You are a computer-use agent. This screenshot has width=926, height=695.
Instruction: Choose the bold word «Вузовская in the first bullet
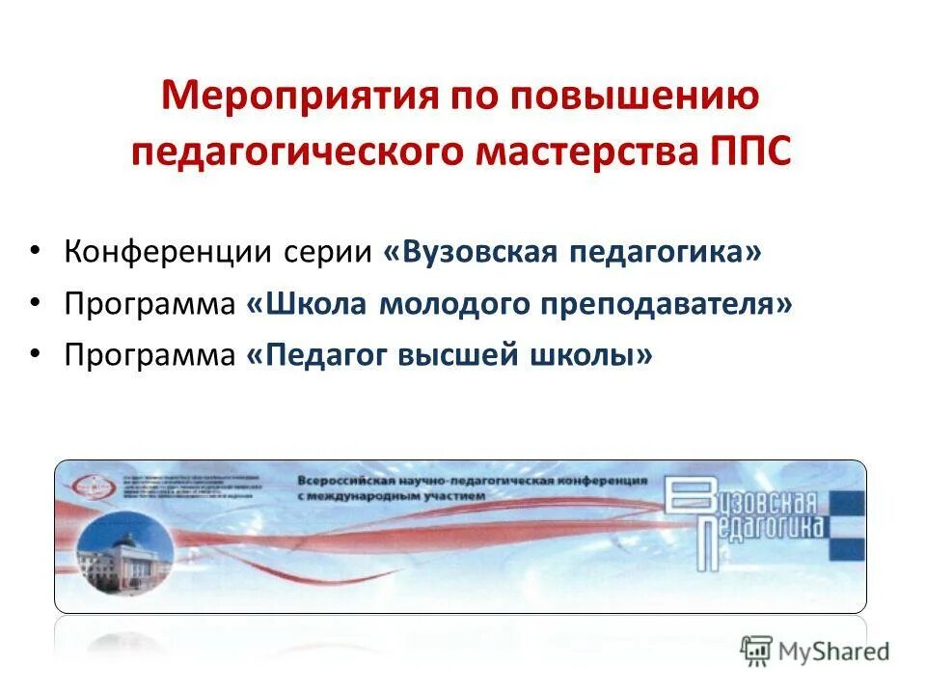pyautogui.click(x=472, y=252)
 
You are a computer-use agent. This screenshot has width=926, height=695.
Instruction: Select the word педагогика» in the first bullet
pyautogui.click(x=666, y=252)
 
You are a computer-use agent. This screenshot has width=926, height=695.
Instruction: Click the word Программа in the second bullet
pyautogui.click(x=150, y=304)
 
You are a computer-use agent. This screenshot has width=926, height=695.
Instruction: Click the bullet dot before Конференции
pyautogui.click(x=35, y=250)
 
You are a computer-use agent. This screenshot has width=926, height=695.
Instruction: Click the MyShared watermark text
pyautogui.click(x=835, y=652)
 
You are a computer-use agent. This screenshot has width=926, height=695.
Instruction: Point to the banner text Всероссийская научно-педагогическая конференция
pyautogui.click(x=472, y=480)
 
